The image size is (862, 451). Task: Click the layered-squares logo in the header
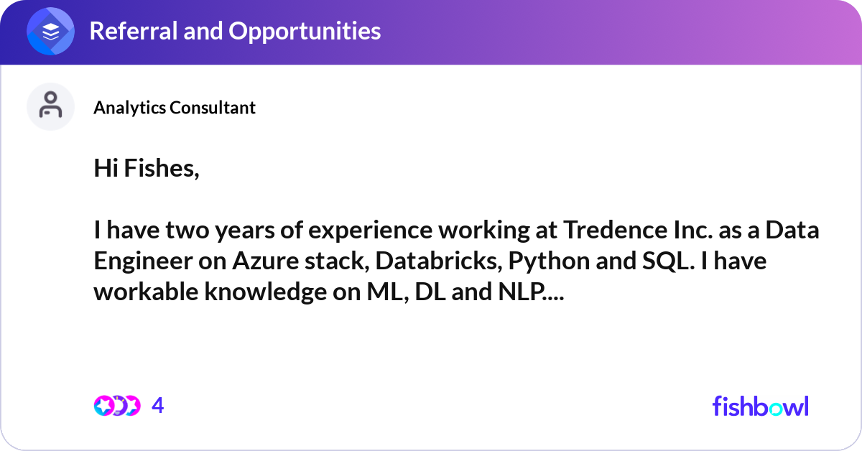tap(51, 32)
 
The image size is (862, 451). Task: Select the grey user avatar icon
tap(50, 106)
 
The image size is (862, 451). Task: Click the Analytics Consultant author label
tap(175, 108)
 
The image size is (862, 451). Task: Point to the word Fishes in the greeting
tap(159, 169)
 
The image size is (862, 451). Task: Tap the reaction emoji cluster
tap(116, 406)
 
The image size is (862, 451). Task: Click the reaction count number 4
tap(158, 406)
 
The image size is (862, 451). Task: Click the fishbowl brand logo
tap(760, 406)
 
